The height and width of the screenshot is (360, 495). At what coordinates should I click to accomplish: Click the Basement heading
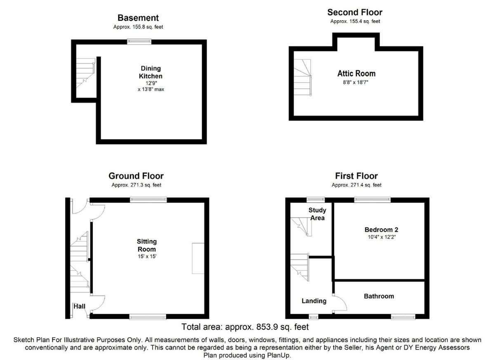(138, 18)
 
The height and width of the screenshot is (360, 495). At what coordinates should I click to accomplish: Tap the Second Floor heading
(355, 12)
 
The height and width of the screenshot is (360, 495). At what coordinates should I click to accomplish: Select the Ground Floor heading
(136, 176)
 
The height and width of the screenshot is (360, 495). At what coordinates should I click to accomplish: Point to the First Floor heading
(356, 176)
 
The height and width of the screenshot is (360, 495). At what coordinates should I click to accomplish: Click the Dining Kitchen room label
(151, 72)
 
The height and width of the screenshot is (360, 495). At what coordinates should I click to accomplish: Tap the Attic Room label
(356, 73)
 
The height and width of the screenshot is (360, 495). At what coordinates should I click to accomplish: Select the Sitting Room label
(147, 245)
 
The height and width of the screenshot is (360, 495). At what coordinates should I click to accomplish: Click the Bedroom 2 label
(381, 230)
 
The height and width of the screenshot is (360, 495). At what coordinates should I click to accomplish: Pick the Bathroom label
(378, 296)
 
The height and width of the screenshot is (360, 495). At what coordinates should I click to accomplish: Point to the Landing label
(314, 301)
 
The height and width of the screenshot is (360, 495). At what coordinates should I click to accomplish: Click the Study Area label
(317, 214)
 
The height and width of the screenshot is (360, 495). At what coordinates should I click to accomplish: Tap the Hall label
(79, 306)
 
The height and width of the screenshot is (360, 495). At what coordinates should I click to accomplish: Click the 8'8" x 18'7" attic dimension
(356, 82)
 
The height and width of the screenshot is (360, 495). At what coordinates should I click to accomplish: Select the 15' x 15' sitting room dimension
(147, 257)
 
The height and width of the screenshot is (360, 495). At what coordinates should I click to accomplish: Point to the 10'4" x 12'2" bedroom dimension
(381, 237)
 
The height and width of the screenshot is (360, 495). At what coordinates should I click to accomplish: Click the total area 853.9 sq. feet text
(245, 327)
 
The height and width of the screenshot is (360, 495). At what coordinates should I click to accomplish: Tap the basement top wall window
(139, 41)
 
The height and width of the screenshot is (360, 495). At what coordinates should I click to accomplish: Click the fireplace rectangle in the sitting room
(198, 258)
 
